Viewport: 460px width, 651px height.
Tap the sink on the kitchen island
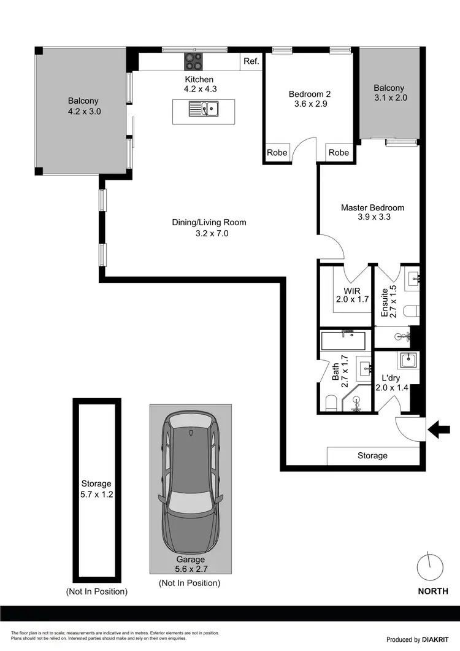tap(204, 110)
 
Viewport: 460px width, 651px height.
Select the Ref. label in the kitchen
tap(251, 61)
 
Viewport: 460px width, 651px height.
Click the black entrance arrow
tap(439, 429)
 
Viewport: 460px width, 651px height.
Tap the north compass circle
tap(429, 567)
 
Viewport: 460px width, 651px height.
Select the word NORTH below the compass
tap(432, 591)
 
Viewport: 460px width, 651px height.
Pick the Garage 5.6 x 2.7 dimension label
tap(190, 564)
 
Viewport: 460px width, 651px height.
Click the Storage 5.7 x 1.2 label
tap(96, 489)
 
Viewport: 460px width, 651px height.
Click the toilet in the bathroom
tap(331, 403)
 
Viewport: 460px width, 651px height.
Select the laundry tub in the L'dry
tap(407, 360)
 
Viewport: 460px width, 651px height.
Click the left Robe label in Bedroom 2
tap(277, 153)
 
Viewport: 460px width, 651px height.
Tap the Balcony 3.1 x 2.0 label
tap(390, 93)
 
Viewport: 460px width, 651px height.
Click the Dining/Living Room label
tap(209, 228)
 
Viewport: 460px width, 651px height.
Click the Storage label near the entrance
tap(372, 456)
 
